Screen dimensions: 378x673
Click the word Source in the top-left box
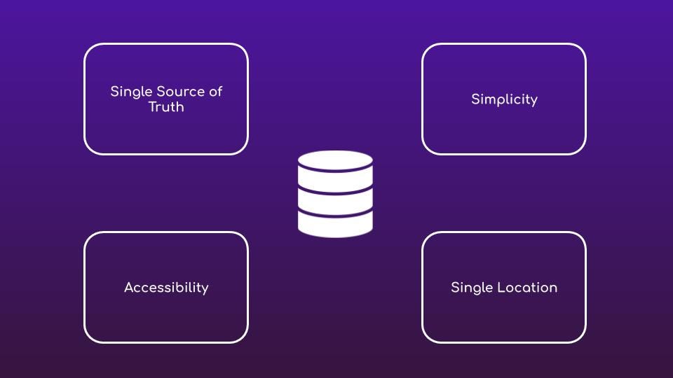coord(175,92)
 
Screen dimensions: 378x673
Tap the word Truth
coord(166,107)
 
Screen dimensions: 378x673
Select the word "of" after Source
coord(215,92)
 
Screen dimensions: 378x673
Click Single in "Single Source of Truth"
coord(131,92)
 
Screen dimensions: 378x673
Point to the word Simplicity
coord(504,99)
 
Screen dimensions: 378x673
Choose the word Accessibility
coord(166,288)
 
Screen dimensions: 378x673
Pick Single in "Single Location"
coord(472,288)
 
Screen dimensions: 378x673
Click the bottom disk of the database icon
coord(335,224)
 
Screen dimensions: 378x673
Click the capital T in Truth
coord(152,107)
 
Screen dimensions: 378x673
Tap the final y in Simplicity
coord(533,101)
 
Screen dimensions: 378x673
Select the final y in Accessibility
coord(205,289)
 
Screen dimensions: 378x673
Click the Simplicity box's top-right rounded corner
coord(581,48)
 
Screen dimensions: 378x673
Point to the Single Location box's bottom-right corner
coord(581,338)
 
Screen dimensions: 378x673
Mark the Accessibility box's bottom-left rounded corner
coord(89,338)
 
